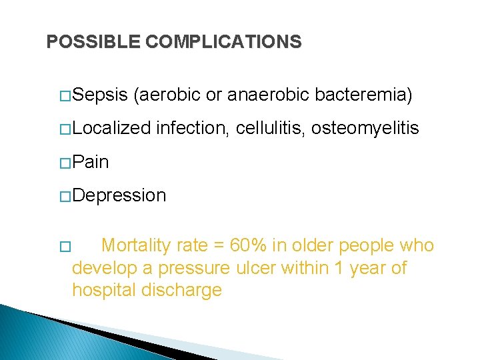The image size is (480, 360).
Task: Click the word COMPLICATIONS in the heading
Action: pyautogui.click(x=223, y=42)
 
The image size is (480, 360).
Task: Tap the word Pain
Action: pyautogui.click(x=90, y=162)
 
